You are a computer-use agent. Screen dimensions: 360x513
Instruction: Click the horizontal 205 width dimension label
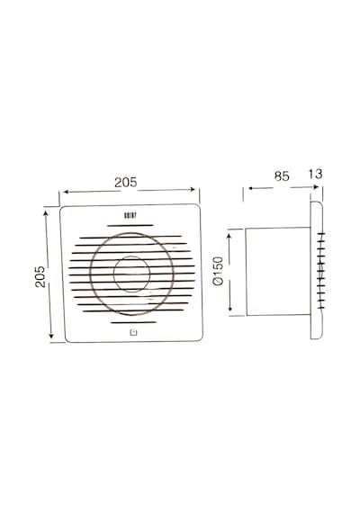pyautogui.click(x=126, y=182)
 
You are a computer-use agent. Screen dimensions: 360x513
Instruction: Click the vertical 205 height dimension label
pyautogui.click(x=40, y=276)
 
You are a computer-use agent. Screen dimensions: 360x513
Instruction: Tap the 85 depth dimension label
pyautogui.click(x=282, y=176)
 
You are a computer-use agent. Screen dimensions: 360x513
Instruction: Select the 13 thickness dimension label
pyautogui.click(x=315, y=174)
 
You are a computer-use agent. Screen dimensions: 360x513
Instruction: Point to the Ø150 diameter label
pyautogui.click(x=218, y=271)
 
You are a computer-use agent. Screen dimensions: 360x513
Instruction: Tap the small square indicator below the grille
pyautogui.click(x=133, y=333)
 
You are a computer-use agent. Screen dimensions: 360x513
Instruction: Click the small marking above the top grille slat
pyautogui.click(x=130, y=216)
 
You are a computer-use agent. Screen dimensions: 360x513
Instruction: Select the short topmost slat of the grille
pyautogui.click(x=130, y=225)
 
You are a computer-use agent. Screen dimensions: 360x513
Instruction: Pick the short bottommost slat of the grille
pyautogui.click(x=133, y=322)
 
